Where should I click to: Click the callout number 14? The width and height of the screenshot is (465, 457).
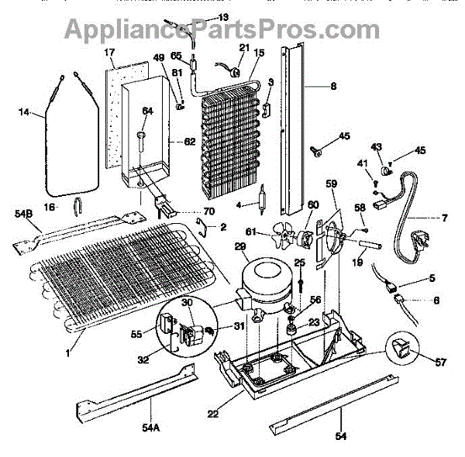(x=23, y=113)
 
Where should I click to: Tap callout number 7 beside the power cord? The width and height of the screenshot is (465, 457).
(x=444, y=218)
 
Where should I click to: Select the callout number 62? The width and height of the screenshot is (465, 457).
(x=190, y=143)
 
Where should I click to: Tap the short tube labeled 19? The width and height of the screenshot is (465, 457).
(x=367, y=246)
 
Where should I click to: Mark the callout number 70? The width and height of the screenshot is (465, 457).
(x=208, y=211)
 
